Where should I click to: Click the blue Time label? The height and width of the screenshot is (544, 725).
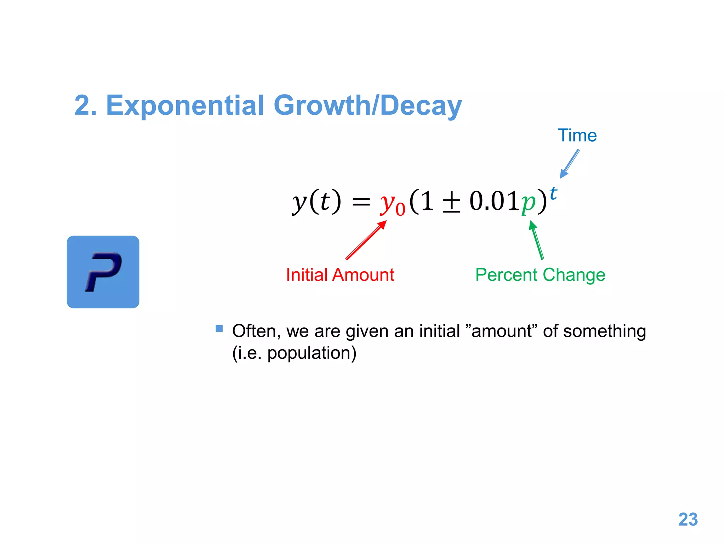[x=577, y=135]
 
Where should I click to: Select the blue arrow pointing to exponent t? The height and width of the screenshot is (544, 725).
[x=570, y=164]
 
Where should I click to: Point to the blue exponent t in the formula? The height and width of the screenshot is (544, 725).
[x=553, y=194]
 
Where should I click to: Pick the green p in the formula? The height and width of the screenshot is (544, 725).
[x=528, y=203]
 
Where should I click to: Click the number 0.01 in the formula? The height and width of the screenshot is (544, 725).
[x=494, y=201]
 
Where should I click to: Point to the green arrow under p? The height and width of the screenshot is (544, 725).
[x=536, y=240]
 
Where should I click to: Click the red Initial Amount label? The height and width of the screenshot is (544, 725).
[x=340, y=275]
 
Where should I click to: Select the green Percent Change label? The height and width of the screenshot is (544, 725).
[x=540, y=275]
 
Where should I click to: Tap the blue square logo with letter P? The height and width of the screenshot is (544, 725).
[x=103, y=272]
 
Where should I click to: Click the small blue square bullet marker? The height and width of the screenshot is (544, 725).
[x=219, y=328]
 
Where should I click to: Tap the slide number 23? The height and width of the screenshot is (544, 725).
[x=687, y=520]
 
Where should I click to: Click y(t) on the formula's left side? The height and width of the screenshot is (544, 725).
[x=316, y=202]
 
